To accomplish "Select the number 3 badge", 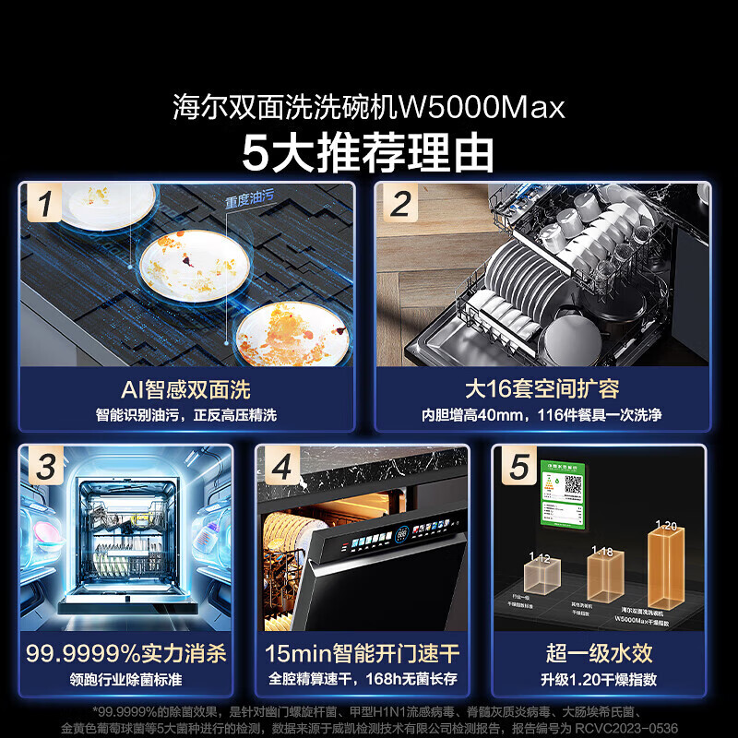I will (44, 468).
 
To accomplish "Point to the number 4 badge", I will (281, 468).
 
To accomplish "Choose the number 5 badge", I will (519, 468).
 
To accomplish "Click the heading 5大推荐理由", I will (368, 151).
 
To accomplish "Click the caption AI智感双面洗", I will (185, 389).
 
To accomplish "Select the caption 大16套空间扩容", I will (542, 389).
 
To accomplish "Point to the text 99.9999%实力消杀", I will (125, 654).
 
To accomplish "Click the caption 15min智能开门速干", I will (362, 654).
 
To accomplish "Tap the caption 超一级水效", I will (599, 654).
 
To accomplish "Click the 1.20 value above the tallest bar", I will (665, 525).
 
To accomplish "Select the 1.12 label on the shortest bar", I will (540, 558).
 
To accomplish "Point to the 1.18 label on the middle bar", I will (601, 552).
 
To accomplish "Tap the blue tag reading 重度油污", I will (249, 201).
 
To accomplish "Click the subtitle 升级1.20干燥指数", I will (599, 680).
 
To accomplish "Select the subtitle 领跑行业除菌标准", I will (125, 680).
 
